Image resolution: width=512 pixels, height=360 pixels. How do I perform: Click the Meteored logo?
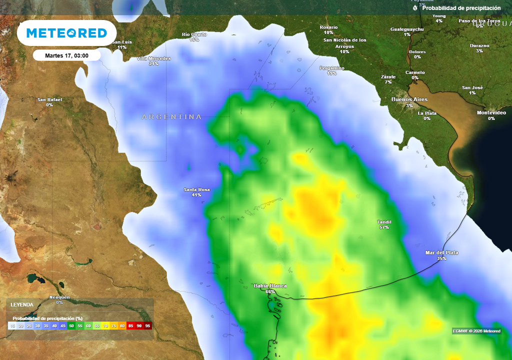[66, 33]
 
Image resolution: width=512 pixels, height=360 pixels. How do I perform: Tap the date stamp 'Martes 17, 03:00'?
[66, 55]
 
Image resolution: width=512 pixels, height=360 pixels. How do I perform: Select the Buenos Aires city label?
[409, 100]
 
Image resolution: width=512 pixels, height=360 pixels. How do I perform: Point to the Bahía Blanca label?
[270, 286]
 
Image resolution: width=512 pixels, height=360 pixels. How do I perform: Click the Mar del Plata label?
[441, 253]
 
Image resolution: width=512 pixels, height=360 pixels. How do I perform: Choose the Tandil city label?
[384, 222]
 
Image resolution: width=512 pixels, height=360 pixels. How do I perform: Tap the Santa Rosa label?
[196, 190]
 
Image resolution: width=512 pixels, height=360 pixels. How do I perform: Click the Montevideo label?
[491, 113]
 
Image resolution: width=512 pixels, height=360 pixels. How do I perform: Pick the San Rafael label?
[49, 100]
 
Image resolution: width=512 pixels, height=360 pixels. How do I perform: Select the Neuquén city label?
[59, 298]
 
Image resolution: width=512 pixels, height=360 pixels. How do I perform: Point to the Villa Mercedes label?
[153, 59]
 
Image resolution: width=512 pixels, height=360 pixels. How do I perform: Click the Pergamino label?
[332, 68]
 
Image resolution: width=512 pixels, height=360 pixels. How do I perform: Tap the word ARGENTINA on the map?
[171, 117]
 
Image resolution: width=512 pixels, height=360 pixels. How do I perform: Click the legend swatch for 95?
[147, 325]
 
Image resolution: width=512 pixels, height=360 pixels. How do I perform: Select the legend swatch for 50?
[71, 325]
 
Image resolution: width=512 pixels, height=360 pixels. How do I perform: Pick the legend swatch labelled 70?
[105, 325]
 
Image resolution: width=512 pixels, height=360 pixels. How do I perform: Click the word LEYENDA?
[22, 304]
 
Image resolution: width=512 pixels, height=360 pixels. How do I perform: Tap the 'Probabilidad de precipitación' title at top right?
[460, 8]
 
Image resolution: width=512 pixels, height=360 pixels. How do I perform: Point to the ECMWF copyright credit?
[476, 331]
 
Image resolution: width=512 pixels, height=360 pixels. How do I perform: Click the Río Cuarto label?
[194, 35]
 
